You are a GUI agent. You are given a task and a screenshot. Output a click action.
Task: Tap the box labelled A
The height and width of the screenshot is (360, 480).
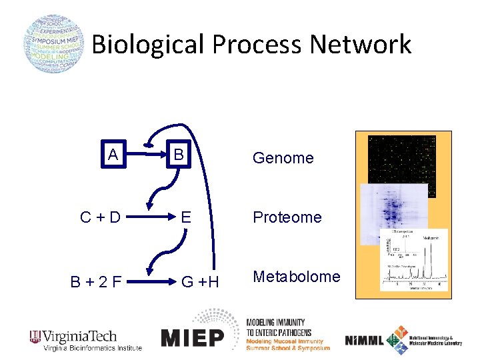pos(114,155)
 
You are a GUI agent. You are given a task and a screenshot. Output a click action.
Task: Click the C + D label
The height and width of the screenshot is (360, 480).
pos(101,217)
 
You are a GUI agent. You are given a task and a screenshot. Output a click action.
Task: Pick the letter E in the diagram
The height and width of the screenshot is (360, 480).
pos(187,217)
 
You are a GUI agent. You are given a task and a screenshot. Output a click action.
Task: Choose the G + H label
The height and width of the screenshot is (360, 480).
pos(200,281)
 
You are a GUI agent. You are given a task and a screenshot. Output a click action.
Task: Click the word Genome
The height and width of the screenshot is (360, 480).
pos(283,158)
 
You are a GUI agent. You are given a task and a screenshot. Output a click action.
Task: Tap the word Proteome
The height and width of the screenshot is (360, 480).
pos(287,217)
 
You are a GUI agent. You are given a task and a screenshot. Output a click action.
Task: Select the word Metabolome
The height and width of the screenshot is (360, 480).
pos(296,277)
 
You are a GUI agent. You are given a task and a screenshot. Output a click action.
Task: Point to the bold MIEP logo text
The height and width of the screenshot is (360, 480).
pos(193,338)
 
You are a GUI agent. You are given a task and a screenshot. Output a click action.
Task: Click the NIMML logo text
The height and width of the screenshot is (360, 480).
pos(364,341)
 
